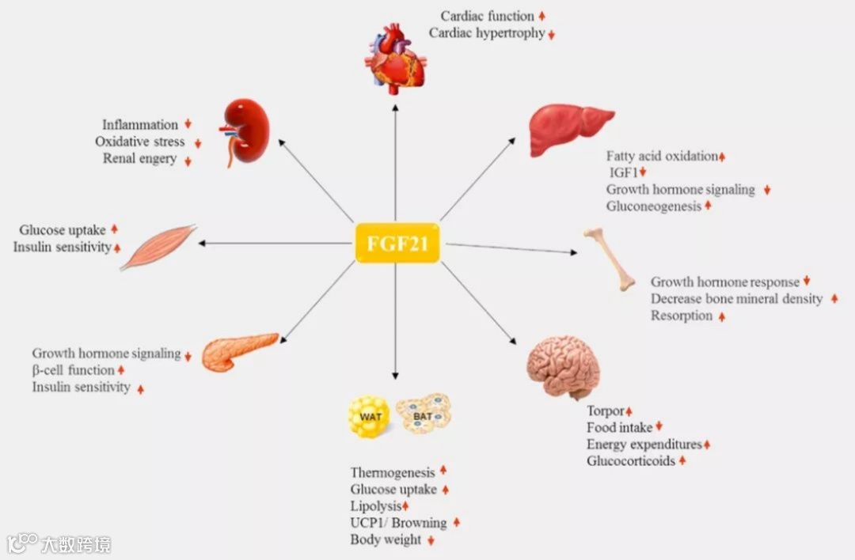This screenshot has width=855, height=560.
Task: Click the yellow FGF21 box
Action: (397, 243)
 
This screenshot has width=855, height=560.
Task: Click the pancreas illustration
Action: (238, 351)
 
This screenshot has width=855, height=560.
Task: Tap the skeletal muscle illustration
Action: (158, 247)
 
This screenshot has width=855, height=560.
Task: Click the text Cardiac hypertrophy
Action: (486, 33)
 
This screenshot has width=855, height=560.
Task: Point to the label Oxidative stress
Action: (140, 142)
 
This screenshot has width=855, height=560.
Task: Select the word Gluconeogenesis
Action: (654, 206)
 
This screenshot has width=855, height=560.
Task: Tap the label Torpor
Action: (606, 411)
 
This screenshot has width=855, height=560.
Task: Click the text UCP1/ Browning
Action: (398, 523)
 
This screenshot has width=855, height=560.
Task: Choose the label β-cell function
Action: (74, 370)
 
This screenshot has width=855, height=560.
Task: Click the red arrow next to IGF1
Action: (644, 172)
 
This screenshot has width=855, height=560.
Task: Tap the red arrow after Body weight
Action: (431, 540)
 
